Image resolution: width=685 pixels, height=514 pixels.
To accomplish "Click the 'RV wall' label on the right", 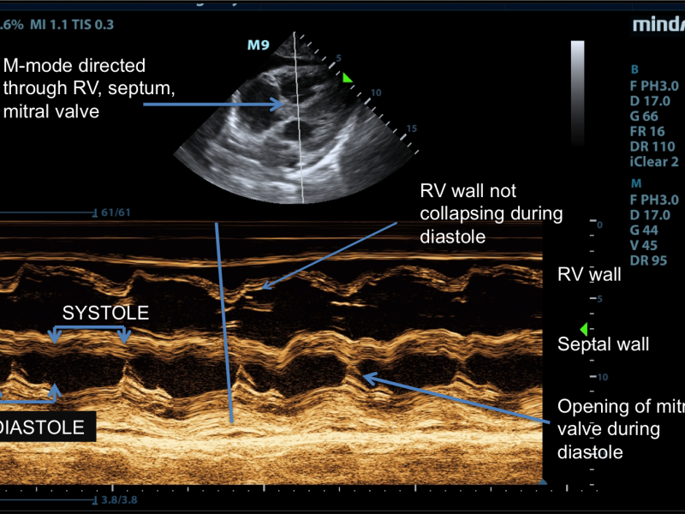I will click(x=589, y=275).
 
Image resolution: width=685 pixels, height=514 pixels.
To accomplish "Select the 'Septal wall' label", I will click(x=603, y=344).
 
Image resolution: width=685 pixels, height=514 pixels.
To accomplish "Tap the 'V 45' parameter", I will click(x=645, y=245).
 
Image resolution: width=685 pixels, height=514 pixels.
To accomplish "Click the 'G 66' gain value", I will click(x=645, y=116).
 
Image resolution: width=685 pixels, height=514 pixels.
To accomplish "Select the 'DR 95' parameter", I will click(x=647, y=260).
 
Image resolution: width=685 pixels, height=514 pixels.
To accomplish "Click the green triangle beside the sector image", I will click(x=347, y=78).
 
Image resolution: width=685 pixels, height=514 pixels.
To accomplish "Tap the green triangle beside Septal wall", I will click(x=584, y=329).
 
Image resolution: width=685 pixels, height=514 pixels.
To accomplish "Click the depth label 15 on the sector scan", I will click(x=411, y=128).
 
